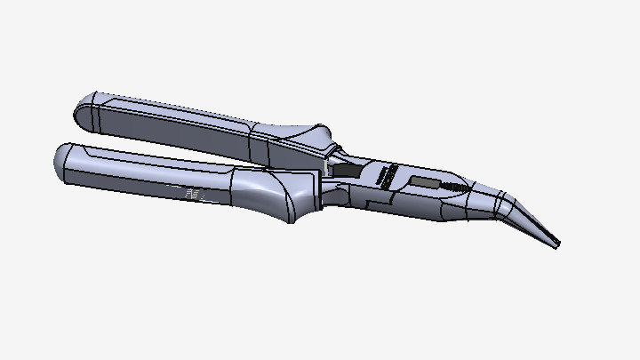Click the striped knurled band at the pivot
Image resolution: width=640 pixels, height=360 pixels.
pos(385,176)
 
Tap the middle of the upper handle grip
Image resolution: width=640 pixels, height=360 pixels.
pos(178,124)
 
